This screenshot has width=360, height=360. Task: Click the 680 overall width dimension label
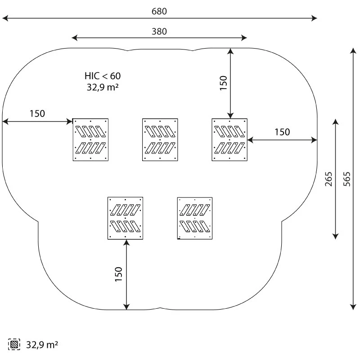click(159, 12)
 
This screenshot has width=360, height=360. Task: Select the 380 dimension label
click(159, 31)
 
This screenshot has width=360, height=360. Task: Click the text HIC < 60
click(103, 76)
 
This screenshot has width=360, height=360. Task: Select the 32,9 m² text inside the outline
click(103, 87)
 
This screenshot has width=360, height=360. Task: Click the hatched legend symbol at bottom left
click(14, 345)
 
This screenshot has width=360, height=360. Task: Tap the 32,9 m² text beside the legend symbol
click(42, 345)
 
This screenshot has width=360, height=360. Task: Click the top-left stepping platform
click(90, 139)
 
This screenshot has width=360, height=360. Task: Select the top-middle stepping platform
click(160, 139)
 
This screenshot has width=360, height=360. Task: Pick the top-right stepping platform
click(229, 139)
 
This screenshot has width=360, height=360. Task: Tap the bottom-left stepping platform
click(125, 218)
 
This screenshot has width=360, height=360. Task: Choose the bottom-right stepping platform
click(195, 218)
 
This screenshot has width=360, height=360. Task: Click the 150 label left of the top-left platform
click(37, 113)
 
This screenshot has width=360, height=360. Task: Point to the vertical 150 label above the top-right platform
click(224, 83)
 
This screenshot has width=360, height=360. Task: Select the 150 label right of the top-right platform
click(282, 132)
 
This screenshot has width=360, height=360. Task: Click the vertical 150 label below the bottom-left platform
click(119, 274)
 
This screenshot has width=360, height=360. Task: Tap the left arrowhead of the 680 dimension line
click(4, 18)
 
